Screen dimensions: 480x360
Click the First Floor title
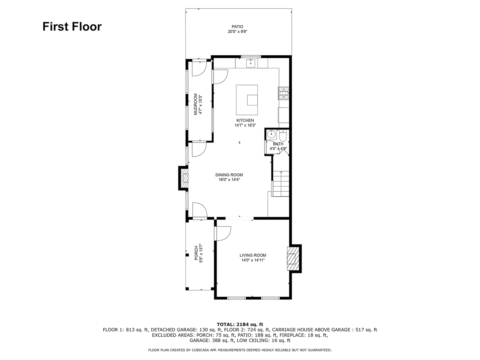72,26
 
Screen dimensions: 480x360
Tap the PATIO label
237,27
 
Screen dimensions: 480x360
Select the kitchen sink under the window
251,63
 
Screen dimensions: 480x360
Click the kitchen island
247,100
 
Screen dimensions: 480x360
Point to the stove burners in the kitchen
284,93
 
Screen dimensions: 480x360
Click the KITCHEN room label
245,120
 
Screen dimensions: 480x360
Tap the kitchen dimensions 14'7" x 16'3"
245,125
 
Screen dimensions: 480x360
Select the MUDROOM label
196,104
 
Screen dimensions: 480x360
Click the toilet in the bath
283,135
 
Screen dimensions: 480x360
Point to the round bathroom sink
271,134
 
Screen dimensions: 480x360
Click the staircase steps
281,184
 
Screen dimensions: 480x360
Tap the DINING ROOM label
229,175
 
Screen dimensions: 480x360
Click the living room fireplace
293,259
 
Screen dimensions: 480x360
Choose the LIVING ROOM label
253,255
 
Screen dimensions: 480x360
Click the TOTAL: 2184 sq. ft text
240,324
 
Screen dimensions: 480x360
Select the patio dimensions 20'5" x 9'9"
238,32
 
